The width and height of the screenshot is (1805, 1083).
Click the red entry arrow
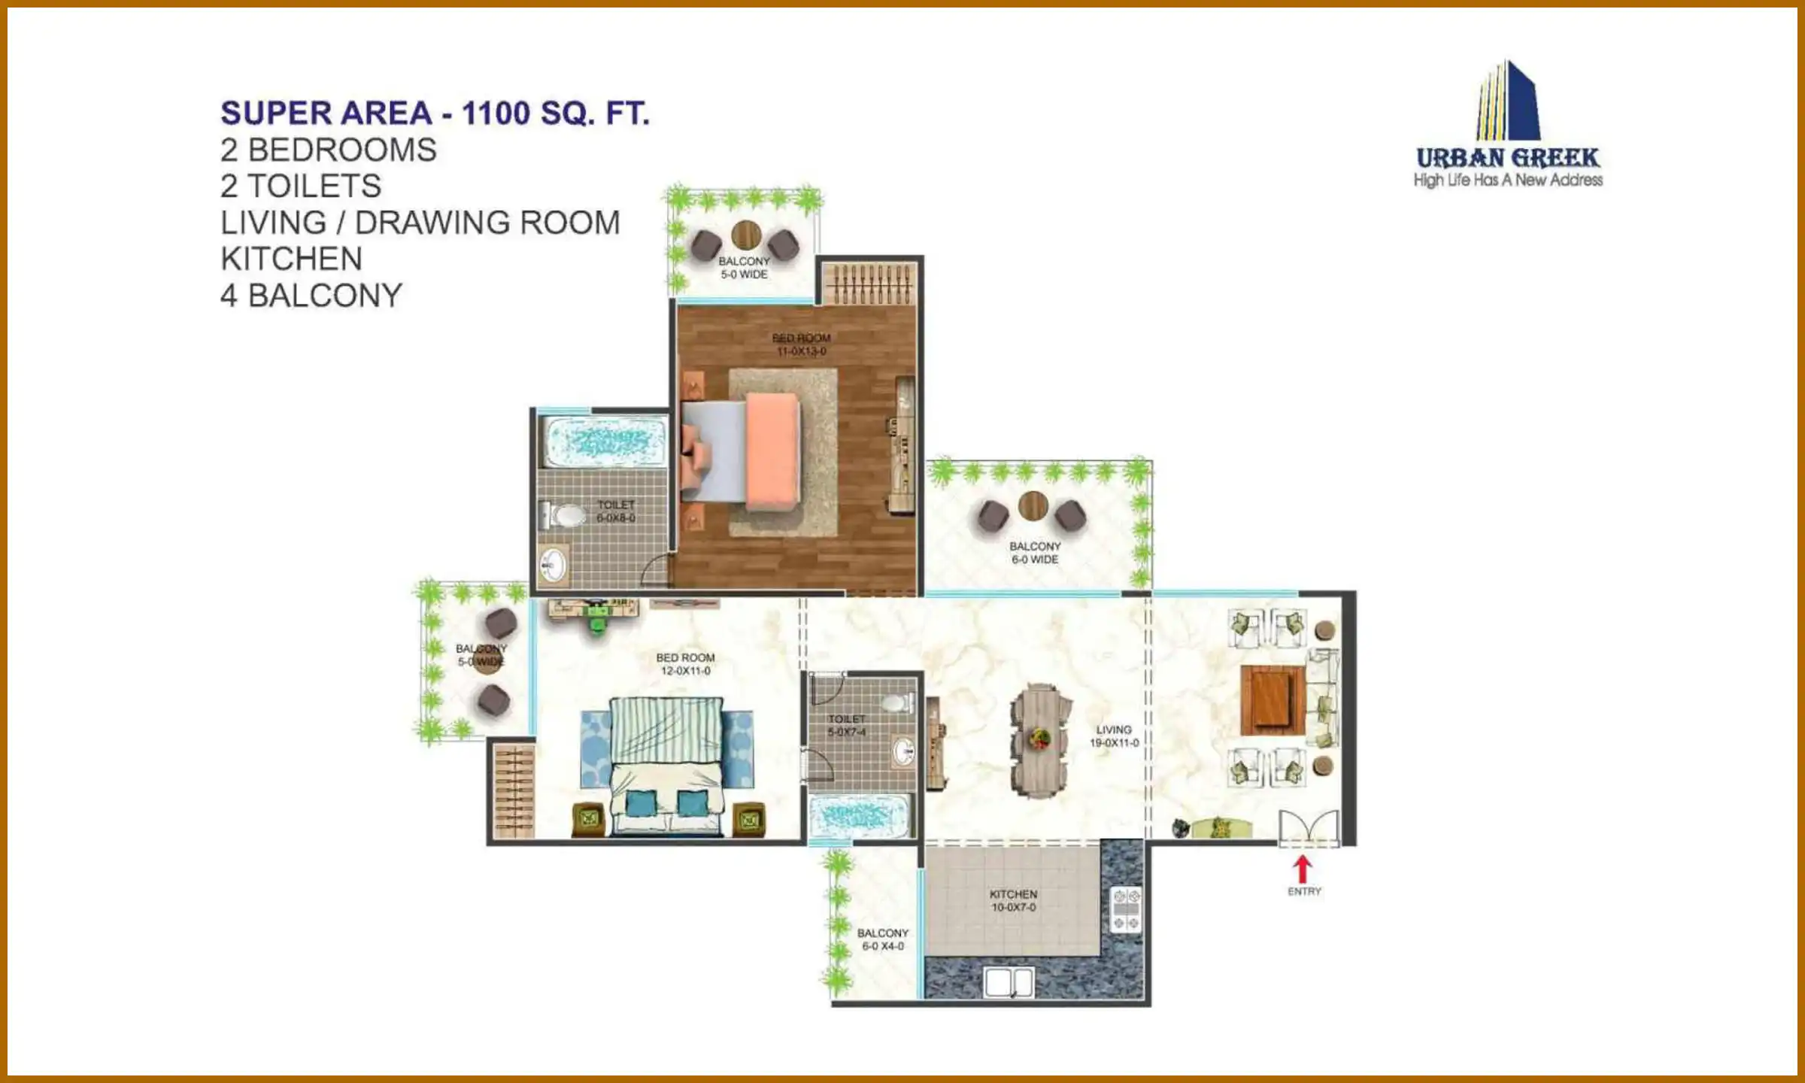pyautogui.click(x=1303, y=869)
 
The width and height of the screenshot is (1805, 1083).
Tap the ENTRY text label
pyautogui.click(x=1304, y=891)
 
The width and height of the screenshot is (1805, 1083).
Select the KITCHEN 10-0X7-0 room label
pyautogui.click(x=1013, y=901)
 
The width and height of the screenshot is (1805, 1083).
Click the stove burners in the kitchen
pyautogui.click(x=1126, y=909)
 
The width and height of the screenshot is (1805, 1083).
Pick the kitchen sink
pyautogui.click(x=1009, y=983)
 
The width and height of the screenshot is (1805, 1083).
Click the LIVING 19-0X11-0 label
pyautogui.click(x=1114, y=736)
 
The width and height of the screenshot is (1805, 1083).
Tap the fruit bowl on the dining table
pyautogui.click(x=1041, y=739)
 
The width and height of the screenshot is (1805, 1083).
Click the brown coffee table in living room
pyautogui.click(x=1272, y=700)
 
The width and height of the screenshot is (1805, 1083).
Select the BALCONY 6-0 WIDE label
pyautogui.click(x=1035, y=553)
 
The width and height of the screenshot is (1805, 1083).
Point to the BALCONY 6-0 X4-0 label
pyautogui.click(x=883, y=939)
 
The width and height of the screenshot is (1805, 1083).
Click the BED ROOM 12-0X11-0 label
pyautogui.click(x=685, y=664)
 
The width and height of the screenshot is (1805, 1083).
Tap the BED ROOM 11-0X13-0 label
pyautogui.click(x=801, y=344)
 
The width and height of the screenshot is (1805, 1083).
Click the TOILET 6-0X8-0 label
pyautogui.click(x=616, y=511)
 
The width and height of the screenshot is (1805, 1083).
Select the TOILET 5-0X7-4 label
pyautogui.click(x=847, y=726)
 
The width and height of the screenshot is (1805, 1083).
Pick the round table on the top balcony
pyautogui.click(x=746, y=235)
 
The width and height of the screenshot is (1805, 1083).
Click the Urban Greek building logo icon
pyautogui.click(x=1508, y=102)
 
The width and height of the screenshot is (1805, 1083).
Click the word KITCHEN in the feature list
pyautogui.click(x=291, y=259)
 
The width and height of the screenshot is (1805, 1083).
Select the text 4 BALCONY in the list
pyautogui.click(x=311, y=296)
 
